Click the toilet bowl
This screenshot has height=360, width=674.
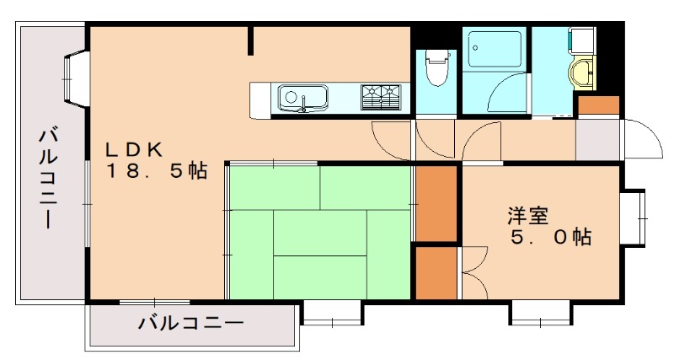[x=436, y=69]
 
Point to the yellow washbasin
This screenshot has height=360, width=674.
[x=581, y=74]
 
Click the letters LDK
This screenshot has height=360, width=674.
[x=133, y=149]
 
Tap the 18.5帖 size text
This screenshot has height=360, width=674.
[x=157, y=171]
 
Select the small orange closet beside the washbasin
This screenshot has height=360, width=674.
[x=598, y=106]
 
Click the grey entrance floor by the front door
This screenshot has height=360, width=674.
[x=597, y=139]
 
